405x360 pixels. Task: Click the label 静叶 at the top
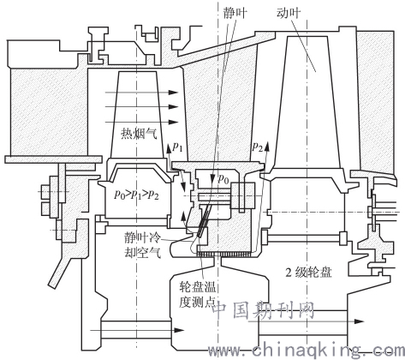click(235, 13)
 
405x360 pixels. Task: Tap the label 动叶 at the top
click(289, 13)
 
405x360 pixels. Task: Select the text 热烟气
click(140, 134)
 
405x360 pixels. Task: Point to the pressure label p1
click(177, 147)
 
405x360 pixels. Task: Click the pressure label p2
click(257, 147)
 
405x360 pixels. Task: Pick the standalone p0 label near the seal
click(223, 179)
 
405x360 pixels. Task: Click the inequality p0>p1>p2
click(136, 195)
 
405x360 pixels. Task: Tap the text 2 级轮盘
click(308, 273)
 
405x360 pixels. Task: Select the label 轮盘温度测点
click(197, 294)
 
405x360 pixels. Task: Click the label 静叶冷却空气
click(142, 245)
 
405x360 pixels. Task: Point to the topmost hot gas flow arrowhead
click(173, 93)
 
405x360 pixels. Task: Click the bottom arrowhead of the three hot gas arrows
click(173, 122)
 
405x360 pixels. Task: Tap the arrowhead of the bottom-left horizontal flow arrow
click(179, 330)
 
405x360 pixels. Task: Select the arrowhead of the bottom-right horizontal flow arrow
click(359, 321)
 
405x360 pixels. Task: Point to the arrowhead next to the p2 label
click(267, 146)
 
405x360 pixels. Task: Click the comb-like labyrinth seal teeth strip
click(224, 254)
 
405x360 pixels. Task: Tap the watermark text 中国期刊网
click(264, 310)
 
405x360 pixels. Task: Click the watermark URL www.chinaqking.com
click(306, 351)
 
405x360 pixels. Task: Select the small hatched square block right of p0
click(242, 195)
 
